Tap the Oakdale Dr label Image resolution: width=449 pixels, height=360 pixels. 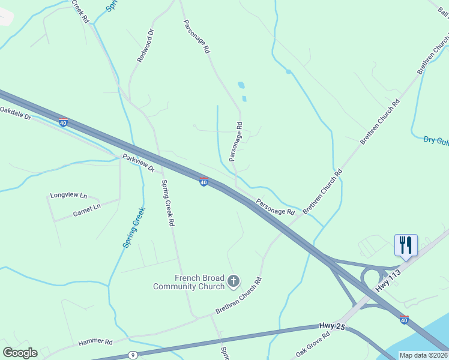[16, 113]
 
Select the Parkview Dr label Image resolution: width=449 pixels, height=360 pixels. [139, 163]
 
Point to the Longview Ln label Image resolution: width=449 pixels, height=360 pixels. [68, 196]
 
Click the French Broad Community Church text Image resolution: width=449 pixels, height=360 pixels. [191, 282]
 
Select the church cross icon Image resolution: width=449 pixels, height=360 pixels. [234, 280]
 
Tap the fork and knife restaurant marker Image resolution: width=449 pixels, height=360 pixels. [406, 245]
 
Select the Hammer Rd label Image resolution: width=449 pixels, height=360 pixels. [95, 342]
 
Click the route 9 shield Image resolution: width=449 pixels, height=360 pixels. [133, 355]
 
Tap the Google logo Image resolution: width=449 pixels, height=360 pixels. [20, 353]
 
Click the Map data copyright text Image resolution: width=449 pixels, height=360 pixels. [424, 355]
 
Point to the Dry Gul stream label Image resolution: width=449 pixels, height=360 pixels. [436, 140]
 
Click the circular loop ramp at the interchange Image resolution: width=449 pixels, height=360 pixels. [370, 279]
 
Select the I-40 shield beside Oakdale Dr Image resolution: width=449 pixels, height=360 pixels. [64, 123]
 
